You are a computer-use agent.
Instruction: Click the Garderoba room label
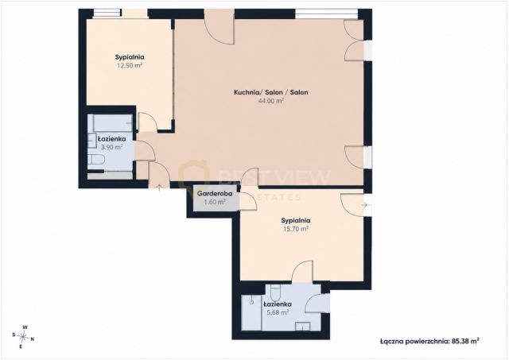click(215, 194)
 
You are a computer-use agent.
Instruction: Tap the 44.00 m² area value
click(270, 101)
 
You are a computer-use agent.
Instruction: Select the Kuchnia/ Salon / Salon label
click(270, 92)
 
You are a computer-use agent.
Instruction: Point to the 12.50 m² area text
click(130, 65)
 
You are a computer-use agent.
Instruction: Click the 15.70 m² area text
click(295, 229)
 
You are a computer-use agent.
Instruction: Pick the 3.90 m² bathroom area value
click(111, 147)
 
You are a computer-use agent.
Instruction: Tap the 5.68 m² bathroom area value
click(278, 312)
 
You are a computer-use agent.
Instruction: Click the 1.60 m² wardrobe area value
click(215, 202)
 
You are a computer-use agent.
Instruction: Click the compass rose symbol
click(23, 337)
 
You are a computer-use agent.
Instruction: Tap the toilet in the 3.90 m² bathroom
click(95, 160)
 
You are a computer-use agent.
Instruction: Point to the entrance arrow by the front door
click(159, 188)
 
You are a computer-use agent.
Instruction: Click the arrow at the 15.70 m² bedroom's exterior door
click(366, 205)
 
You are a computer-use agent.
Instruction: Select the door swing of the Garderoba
click(248, 200)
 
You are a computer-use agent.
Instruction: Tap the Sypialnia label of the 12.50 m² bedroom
click(130, 57)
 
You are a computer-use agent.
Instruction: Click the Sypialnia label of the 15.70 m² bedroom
click(295, 221)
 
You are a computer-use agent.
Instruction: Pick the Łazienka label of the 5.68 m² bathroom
click(278, 304)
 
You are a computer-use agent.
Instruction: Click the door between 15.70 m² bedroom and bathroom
click(302, 272)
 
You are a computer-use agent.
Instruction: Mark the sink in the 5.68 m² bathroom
click(302, 327)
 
